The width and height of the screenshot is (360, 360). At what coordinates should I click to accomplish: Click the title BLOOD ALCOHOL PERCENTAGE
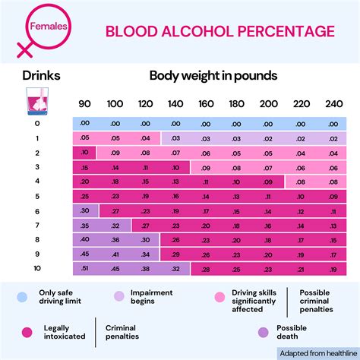(219, 31)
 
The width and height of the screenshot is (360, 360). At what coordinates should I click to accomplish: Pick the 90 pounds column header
(84, 104)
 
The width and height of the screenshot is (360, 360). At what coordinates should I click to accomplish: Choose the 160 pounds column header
(205, 104)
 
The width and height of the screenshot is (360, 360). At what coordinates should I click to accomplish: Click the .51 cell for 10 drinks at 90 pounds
(84, 268)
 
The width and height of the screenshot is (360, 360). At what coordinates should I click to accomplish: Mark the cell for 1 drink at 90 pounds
(84, 138)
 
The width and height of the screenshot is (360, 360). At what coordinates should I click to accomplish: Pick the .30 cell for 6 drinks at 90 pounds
(84, 210)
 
